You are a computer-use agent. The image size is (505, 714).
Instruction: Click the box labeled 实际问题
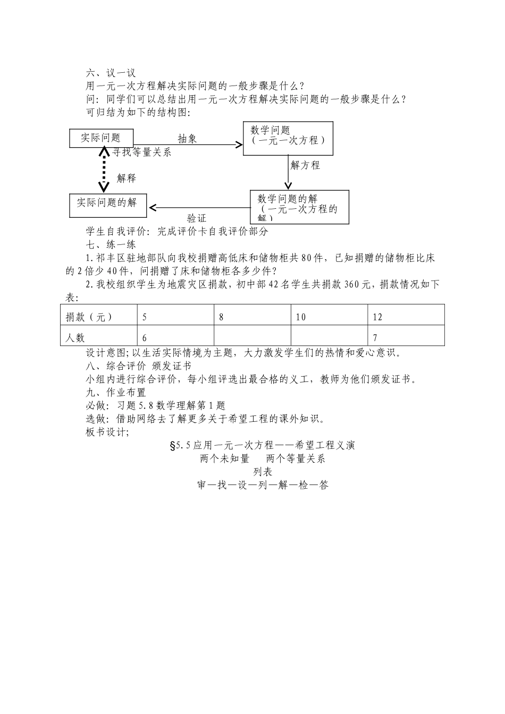point(101,138)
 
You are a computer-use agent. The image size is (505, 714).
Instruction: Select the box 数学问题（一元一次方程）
point(288,138)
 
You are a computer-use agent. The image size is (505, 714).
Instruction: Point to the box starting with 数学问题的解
point(300,207)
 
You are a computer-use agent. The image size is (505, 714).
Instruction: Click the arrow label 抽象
point(187,139)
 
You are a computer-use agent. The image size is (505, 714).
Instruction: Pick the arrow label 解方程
point(305,165)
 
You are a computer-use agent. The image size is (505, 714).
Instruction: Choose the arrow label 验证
point(196,218)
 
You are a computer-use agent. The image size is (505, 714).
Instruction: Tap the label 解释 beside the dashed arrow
point(127,178)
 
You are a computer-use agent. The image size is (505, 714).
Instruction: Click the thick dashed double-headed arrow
point(104,170)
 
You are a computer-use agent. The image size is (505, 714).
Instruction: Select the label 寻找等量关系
point(141,152)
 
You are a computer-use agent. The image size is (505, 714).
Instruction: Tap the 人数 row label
point(75,337)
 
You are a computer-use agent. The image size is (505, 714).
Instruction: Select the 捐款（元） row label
point(89,317)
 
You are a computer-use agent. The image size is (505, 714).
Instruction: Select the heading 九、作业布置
point(115,393)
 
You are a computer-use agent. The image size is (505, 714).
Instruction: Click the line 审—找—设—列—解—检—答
point(262,485)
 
